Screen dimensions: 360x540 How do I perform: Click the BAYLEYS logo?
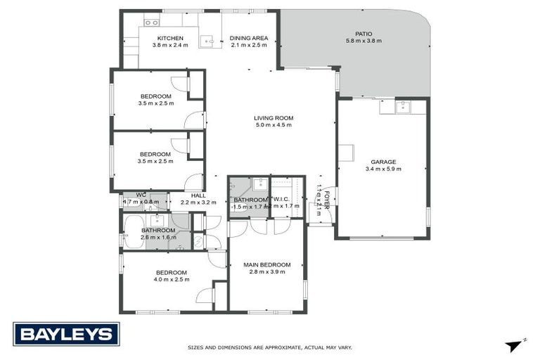[x=66, y=334]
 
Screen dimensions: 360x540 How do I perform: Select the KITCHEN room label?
[x=170, y=38]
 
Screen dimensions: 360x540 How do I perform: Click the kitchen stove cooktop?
[x=151, y=22]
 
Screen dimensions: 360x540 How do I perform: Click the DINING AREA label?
[x=250, y=38]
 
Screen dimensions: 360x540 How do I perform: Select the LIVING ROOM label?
[x=274, y=118]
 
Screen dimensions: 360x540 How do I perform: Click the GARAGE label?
[x=383, y=161]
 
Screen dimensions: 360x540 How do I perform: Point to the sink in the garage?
[x=402, y=108]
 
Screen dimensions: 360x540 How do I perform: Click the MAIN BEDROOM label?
[x=266, y=264]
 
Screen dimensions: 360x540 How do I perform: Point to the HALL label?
[x=198, y=195]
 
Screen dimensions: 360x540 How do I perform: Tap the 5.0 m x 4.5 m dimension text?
[x=274, y=125]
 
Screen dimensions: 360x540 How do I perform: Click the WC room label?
[x=141, y=195]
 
